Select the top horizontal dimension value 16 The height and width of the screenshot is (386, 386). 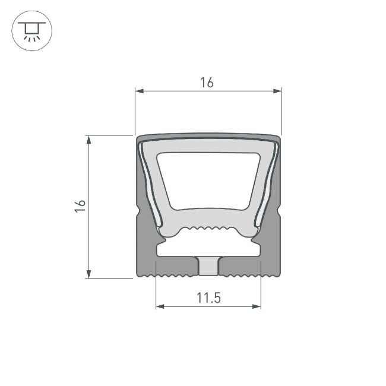[207, 83]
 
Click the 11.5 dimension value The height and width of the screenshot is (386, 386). [208, 298]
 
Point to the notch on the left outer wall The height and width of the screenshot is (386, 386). [138, 212]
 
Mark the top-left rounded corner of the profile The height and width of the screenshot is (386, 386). [140, 138]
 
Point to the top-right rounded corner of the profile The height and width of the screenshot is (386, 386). [277, 138]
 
